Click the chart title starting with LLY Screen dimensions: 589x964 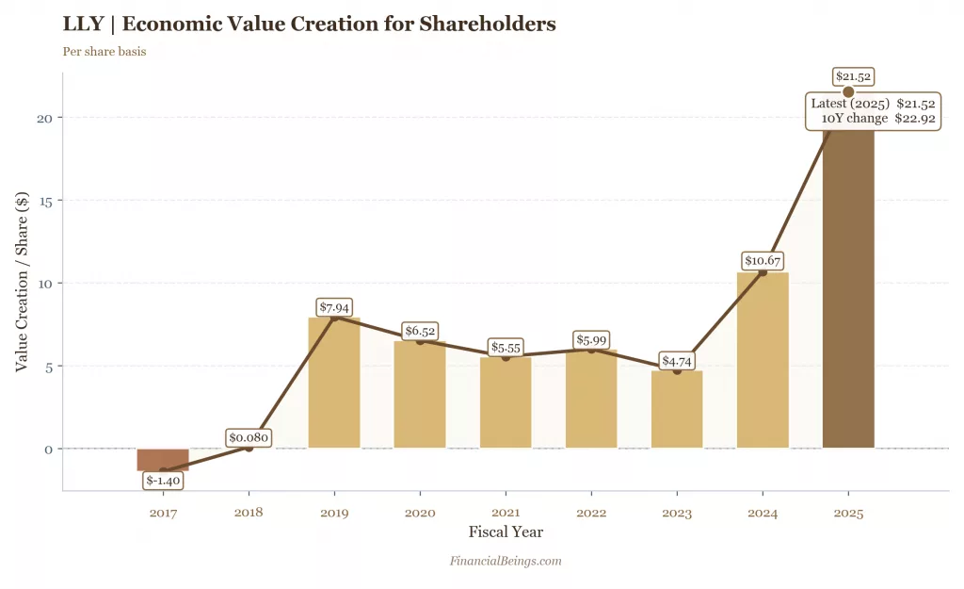(x=309, y=24)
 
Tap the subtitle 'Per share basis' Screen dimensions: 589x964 (x=104, y=52)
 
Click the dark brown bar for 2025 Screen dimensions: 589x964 (x=848, y=292)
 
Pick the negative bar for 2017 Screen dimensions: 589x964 (x=163, y=459)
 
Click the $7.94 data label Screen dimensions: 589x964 (x=334, y=307)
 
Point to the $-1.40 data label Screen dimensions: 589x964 (x=163, y=481)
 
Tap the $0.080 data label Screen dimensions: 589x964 (x=249, y=437)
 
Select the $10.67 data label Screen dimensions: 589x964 (x=763, y=261)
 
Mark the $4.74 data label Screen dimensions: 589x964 (x=677, y=361)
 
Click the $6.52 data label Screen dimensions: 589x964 (x=420, y=331)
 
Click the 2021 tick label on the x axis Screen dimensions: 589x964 (x=506, y=514)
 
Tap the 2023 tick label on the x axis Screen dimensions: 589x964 (x=677, y=514)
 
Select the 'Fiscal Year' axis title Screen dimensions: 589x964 (x=506, y=532)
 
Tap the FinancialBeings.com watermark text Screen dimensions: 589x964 (x=506, y=561)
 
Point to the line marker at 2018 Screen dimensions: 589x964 (x=249, y=448)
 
